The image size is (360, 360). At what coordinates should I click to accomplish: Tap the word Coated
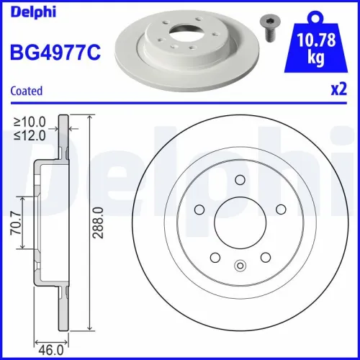pyautogui.click(x=26, y=91)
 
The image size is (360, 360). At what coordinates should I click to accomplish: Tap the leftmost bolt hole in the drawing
pyautogui.click(x=199, y=209)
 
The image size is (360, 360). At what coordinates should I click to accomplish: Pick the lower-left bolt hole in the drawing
pyautogui.click(x=215, y=256)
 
